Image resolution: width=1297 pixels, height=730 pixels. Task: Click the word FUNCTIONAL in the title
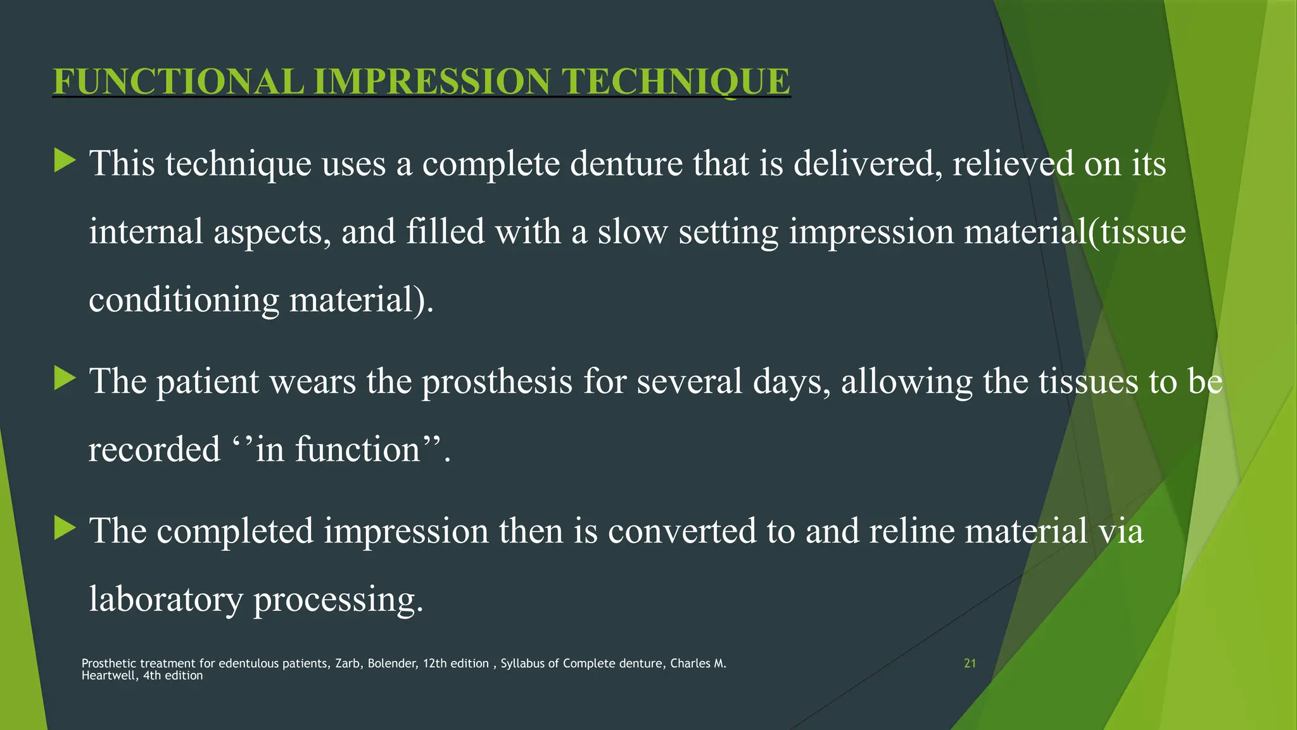coord(178,82)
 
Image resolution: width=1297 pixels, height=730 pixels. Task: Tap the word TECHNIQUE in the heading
coord(676,82)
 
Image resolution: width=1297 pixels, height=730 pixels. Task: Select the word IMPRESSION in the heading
coord(432,82)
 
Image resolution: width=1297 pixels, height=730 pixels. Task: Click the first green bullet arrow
coord(65,160)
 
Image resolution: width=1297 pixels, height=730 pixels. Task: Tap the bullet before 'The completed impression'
coord(65,528)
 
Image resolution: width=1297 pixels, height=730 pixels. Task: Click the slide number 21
coord(970,663)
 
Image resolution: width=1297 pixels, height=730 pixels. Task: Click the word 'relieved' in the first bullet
coord(1013,163)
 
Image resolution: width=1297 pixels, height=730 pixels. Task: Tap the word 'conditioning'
coord(184,300)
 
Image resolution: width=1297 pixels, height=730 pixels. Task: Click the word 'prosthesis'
coord(497,381)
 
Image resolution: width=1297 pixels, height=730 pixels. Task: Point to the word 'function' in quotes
coord(357,449)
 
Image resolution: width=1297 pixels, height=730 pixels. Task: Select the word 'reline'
coord(911,530)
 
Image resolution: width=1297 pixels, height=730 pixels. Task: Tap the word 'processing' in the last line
coord(338,600)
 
